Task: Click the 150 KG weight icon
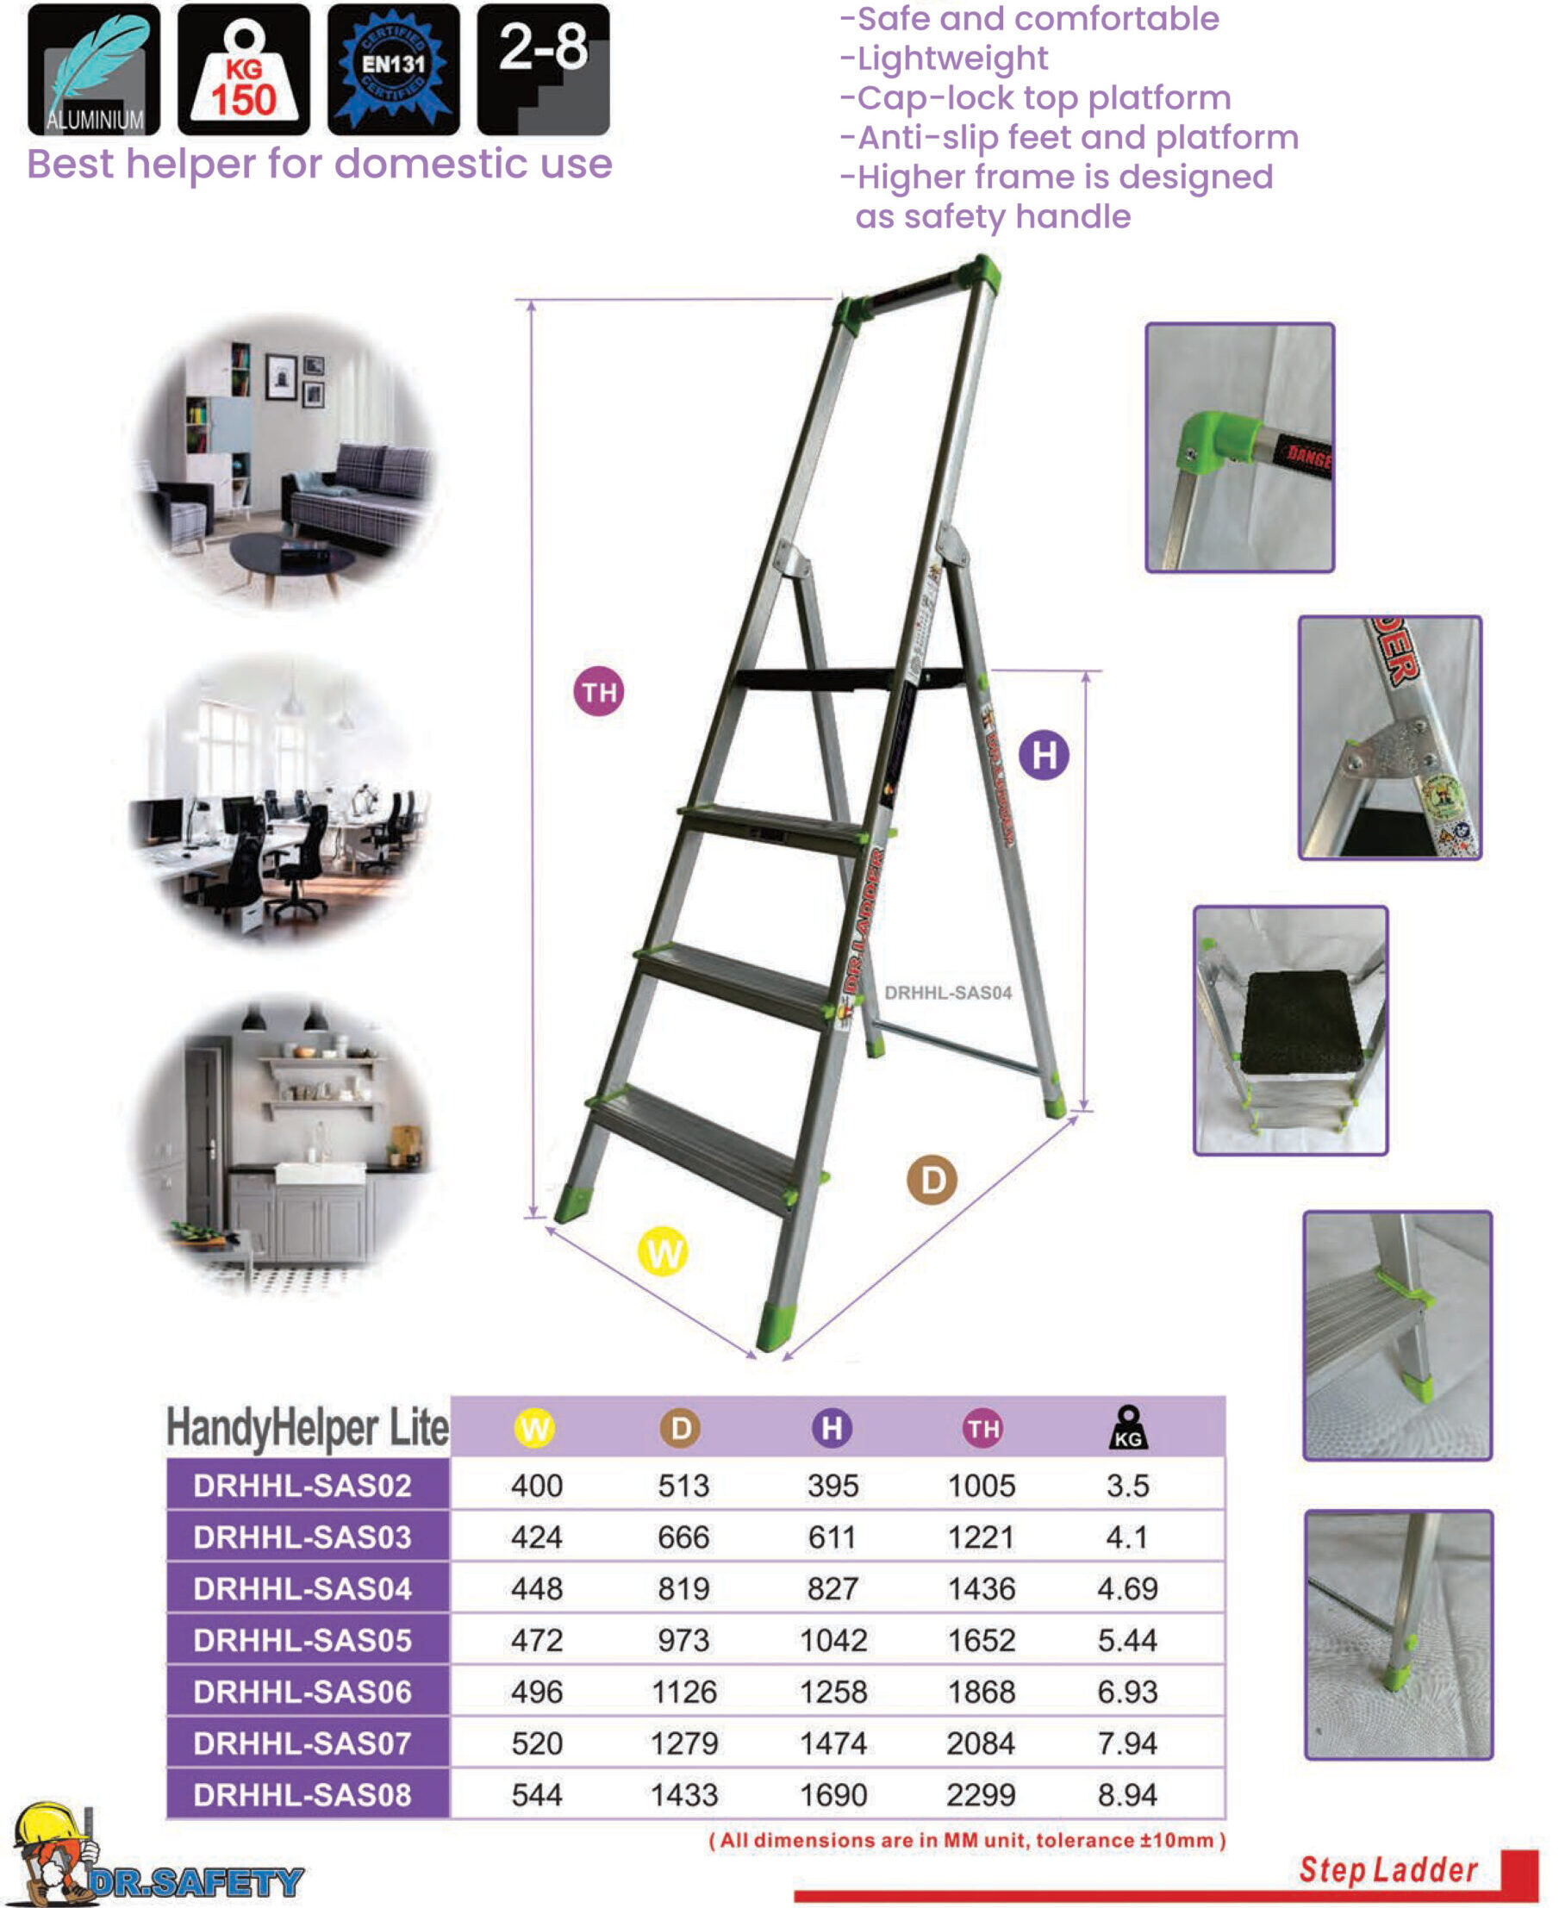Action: (x=243, y=69)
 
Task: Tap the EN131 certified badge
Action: (x=392, y=69)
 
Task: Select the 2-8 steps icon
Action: (x=542, y=69)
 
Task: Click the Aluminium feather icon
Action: (x=93, y=69)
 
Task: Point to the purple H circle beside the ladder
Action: (x=1044, y=754)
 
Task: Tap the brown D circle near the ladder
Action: (x=932, y=1180)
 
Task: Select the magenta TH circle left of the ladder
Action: (x=599, y=691)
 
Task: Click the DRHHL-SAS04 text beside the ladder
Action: (x=947, y=992)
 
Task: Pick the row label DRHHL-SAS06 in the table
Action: (x=302, y=1692)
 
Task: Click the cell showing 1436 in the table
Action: (x=981, y=1588)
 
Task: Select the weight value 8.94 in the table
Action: (x=1127, y=1795)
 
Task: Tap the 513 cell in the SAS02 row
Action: (x=683, y=1485)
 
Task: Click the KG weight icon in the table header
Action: (x=1128, y=1428)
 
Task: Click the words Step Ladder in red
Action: (x=1388, y=1869)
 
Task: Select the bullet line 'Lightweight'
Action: (x=952, y=59)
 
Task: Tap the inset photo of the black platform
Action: (x=1289, y=1030)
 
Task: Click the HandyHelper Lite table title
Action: (x=307, y=1428)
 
